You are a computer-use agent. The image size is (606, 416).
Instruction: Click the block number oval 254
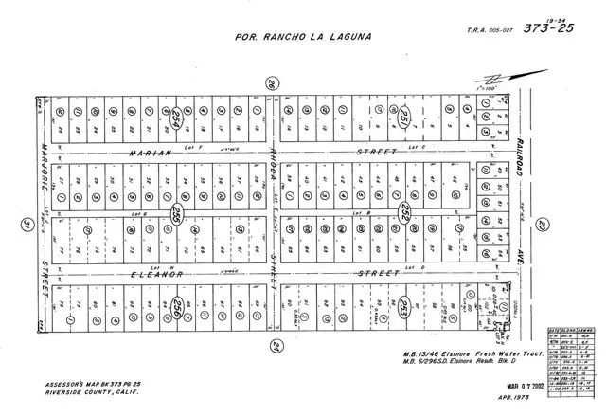(x=176, y=118)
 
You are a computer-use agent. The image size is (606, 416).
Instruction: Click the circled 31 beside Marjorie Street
(x=27, y=224)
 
